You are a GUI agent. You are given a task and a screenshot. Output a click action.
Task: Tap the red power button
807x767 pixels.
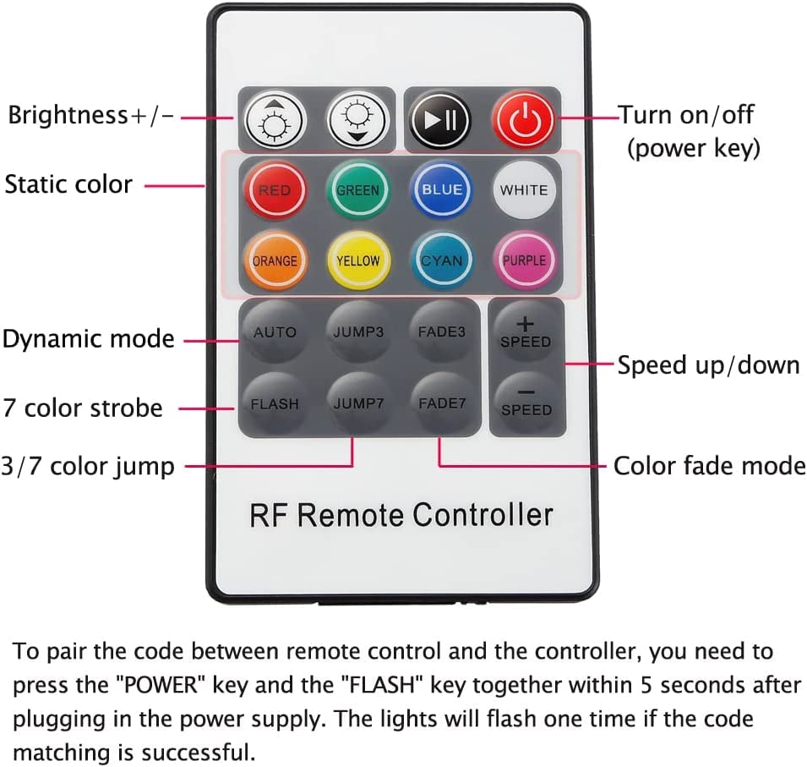524,120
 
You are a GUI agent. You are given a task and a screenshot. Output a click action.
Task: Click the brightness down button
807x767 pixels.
357,120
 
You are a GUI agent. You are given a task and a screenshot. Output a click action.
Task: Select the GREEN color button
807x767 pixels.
357,190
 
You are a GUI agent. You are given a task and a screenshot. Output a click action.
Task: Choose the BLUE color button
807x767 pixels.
441,190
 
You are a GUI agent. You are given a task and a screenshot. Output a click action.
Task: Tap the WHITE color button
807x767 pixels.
523,190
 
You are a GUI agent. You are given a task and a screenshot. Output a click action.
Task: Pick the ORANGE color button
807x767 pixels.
275,260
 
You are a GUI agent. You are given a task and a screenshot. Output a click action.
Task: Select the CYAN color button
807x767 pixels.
441,260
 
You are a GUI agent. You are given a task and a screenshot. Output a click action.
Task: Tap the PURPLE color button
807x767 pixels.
524,260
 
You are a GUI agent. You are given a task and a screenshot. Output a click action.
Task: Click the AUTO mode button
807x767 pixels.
275,332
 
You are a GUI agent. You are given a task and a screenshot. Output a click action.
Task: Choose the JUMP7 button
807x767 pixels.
358,403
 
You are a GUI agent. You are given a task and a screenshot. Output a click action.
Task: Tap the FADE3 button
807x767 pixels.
441,332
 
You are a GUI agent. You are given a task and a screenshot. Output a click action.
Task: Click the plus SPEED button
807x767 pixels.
525,332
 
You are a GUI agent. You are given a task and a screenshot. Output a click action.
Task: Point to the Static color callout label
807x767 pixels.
68,184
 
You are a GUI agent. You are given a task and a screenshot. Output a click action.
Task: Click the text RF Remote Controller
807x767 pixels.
401,514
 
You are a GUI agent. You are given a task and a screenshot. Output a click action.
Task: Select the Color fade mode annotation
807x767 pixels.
709,466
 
